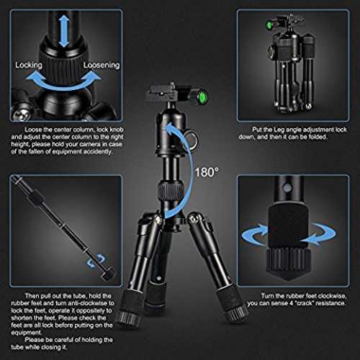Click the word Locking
coord(29,65)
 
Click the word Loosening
coord(102,65)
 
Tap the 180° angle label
coord(207,172)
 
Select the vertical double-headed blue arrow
coord(64,30)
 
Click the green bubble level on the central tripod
coord(201,96)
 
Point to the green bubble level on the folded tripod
coord(269,25)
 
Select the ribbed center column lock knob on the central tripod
coord(171,191)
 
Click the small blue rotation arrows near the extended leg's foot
coord(96,260)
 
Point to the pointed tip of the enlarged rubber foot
coord(288,280)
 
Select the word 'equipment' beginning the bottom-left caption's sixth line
coord(27,333)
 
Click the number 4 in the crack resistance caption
coord(291,303)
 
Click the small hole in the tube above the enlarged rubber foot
coord(287,188)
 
